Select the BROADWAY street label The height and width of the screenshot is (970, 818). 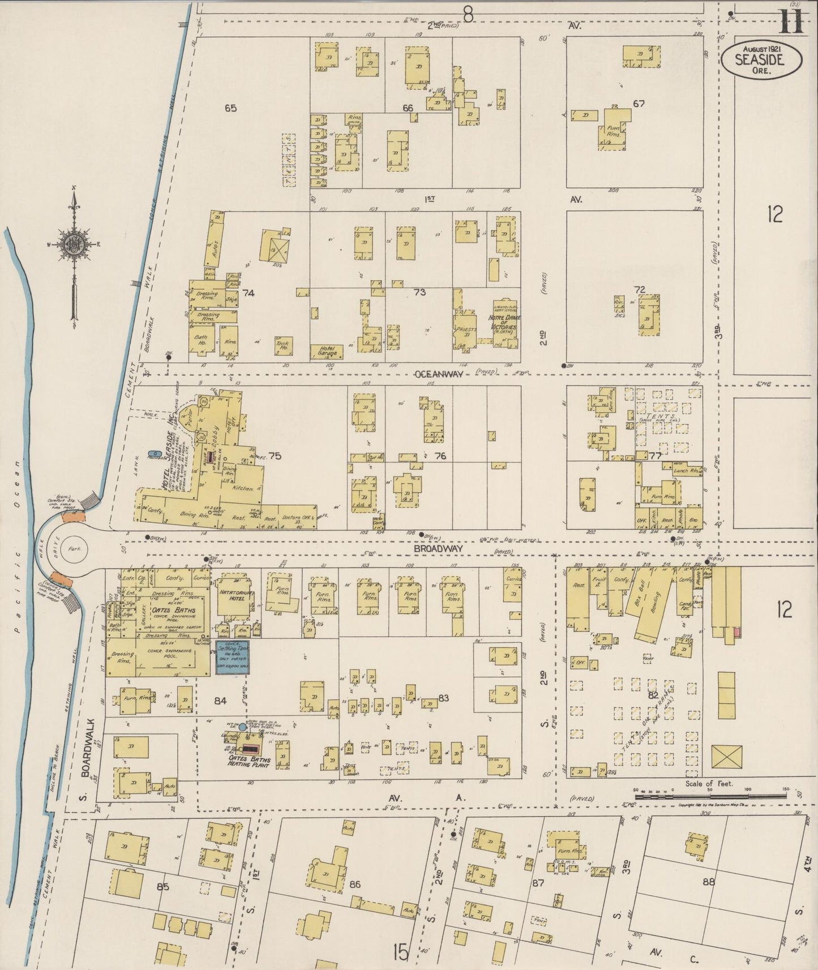[438, 549]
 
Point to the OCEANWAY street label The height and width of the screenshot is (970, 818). [439, 375]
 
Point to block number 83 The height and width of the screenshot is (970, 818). [443, 698]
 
